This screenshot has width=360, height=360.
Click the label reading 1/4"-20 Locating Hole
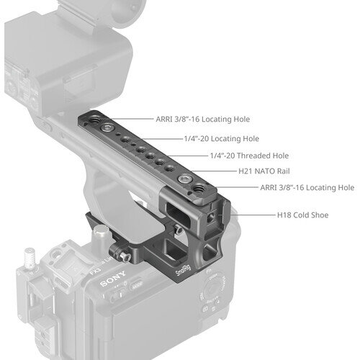pos(222,139)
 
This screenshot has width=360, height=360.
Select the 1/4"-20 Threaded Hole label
pos(249,156)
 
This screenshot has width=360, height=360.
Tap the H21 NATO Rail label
pos(264,171)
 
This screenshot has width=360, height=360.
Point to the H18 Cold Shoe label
pos(303,215)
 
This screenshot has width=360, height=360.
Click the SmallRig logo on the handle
pos(184,270)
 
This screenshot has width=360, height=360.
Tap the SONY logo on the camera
pos(113,279)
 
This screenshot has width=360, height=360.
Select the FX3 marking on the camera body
pos(95,271)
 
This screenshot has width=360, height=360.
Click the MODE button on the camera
pos(136,284)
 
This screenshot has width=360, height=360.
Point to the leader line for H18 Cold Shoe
pos(253,215)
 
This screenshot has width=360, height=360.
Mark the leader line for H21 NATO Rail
pos(214,171)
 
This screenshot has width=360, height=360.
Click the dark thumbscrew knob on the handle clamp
pos(120,253)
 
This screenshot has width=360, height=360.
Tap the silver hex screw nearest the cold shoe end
pos(184,179)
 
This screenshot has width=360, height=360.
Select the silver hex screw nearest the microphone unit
pos(106,128)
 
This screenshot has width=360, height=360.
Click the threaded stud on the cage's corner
pos(30,258)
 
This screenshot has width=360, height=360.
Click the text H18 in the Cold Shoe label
pos(284,215)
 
